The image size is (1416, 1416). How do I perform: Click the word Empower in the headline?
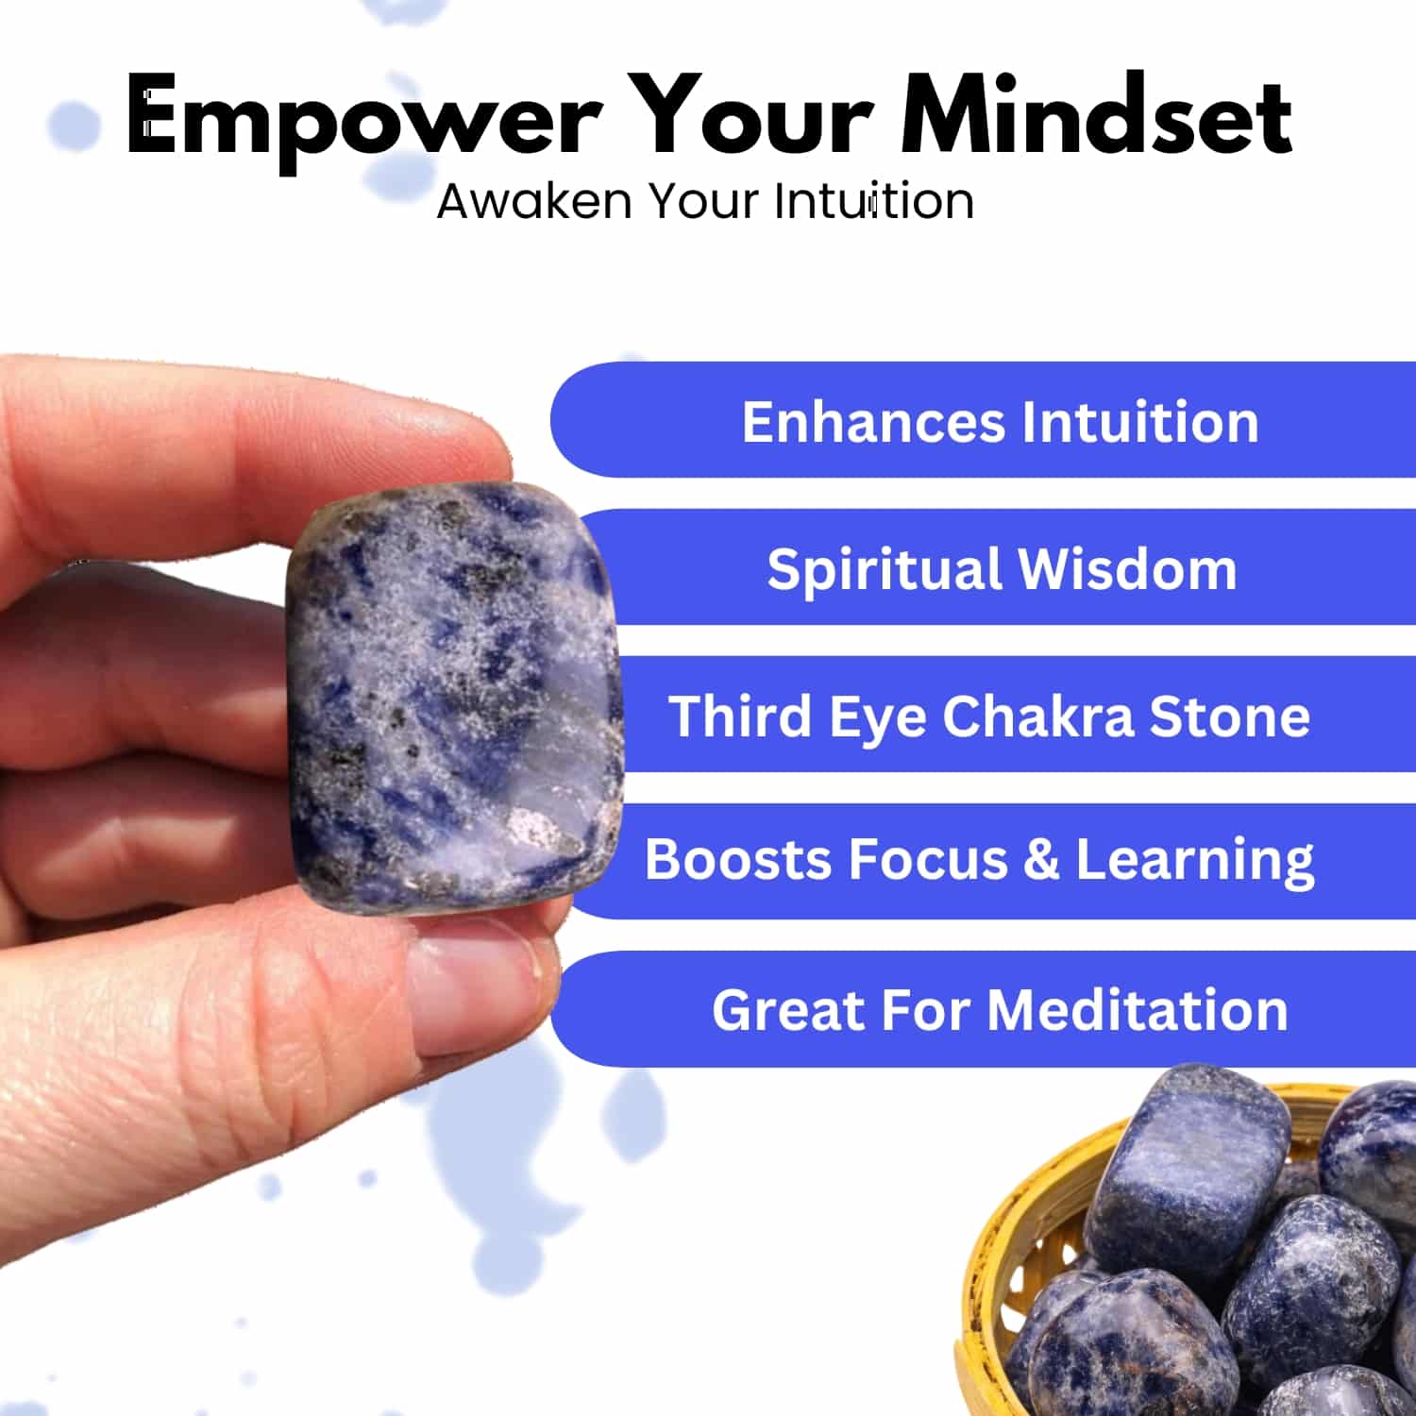coord(363,118)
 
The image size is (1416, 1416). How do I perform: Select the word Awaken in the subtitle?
coord(534,200)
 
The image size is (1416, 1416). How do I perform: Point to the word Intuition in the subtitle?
coord(874,200)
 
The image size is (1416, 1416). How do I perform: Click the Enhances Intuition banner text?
coord(1001,421)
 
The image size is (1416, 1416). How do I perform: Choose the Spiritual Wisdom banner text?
coord(1002,569)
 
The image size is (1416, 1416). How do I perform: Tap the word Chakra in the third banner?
coord(1037,716)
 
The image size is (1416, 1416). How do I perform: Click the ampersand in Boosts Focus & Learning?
coord(1040,860)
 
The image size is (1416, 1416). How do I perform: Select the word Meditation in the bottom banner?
coord(1138,1010)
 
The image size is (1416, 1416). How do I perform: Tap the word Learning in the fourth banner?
coord(1195,862)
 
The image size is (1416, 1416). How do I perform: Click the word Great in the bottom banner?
coord(787,1010)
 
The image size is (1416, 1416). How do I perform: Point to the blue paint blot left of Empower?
coord(74,125)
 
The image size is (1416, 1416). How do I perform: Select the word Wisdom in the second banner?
coord(1127,569)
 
